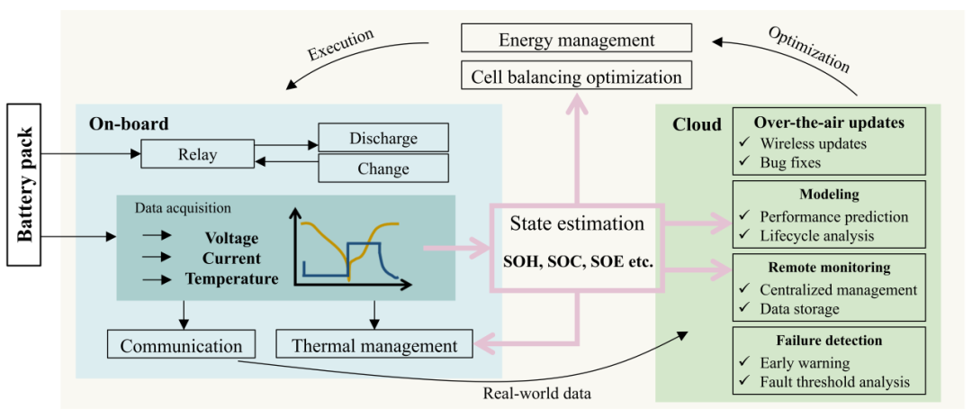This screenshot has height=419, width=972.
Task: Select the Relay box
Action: (197, 155)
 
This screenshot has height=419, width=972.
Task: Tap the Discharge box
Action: (383, 139)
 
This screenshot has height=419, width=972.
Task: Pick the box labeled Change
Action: (383, 169)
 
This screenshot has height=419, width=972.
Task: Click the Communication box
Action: (181, 345)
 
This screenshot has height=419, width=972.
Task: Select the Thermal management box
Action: (374, 345)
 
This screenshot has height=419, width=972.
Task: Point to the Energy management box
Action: (577, 40)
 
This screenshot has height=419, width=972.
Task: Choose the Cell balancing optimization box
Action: (577, 76)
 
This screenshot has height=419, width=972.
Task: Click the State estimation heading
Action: (577, 223)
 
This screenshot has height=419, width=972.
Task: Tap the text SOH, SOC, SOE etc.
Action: (577, 262)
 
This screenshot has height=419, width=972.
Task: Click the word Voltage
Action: (231, 238)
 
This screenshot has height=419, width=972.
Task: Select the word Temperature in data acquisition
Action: (232, 278)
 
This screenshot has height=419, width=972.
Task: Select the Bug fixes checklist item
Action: (790, 163)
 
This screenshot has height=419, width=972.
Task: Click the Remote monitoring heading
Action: (829, 268)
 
